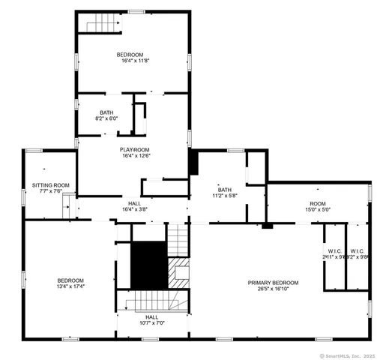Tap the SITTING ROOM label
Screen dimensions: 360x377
[50, 184]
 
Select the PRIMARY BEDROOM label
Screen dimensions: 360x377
[274, 282]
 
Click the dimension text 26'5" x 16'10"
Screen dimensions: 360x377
[274, 289]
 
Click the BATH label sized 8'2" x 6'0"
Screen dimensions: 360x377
[106, 112]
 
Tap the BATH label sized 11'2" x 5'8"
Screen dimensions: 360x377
[225, 189]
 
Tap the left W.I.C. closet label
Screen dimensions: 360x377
[334, 250]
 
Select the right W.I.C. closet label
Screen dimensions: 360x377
[358, 250]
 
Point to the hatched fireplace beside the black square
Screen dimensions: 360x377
[179, 273]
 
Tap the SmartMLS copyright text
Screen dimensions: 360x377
[346, 355]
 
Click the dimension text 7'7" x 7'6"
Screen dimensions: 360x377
[50, 191]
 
